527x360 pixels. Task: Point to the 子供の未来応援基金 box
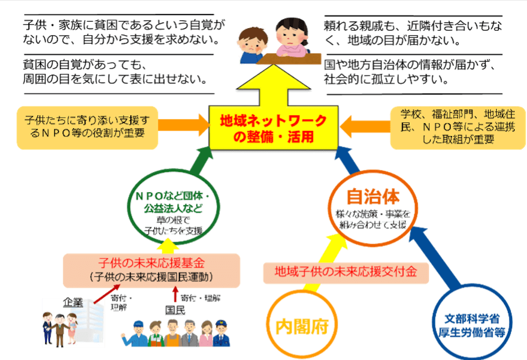152,269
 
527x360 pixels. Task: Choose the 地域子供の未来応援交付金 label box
346,272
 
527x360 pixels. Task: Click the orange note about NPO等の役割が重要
88,128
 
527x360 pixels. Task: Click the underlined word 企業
74,303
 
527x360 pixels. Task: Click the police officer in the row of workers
220,333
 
